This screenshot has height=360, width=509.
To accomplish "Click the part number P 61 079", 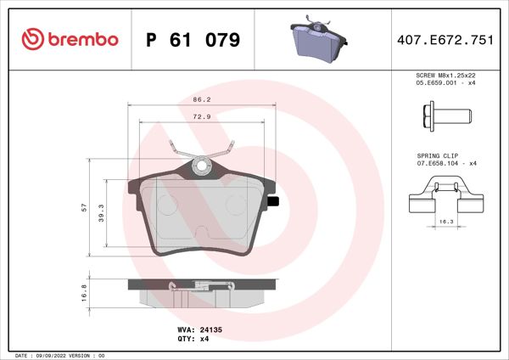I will [193, 40].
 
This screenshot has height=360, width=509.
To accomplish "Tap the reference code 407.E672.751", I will [445, 40].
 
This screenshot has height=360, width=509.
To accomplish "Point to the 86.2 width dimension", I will [202, 99].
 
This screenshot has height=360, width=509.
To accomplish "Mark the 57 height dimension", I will [83, 209].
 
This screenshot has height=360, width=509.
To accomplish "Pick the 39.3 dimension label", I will [101, 212].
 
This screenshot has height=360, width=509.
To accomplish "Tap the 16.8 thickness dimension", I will [83, 293].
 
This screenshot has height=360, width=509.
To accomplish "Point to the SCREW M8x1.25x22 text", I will [445, 76].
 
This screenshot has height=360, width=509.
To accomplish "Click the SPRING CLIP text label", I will [438, 157].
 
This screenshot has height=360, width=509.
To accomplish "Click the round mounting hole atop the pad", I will [203, 167].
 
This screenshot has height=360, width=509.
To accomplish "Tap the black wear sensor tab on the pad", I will [274, 202].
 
